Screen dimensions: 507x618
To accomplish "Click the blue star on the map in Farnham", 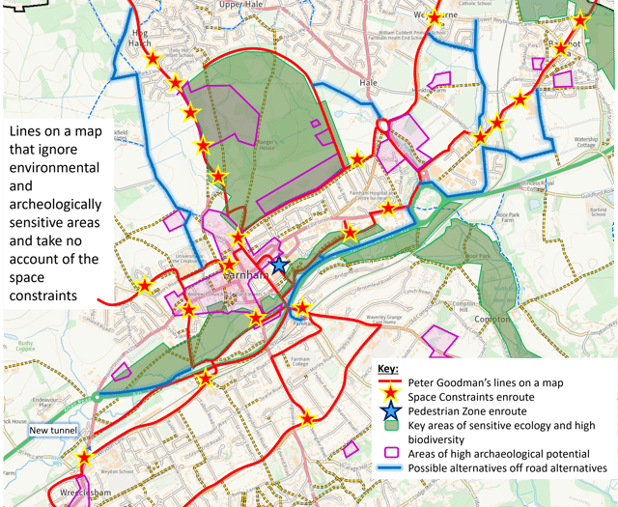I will (279, 264).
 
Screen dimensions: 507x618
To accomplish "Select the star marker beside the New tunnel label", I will (85, 458).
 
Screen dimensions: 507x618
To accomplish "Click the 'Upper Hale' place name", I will (240, 5).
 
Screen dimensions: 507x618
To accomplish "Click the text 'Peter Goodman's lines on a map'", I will (491, 382).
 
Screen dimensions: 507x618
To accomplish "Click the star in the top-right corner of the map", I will (580, 20).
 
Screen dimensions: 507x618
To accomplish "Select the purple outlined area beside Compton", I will (443, 340).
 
